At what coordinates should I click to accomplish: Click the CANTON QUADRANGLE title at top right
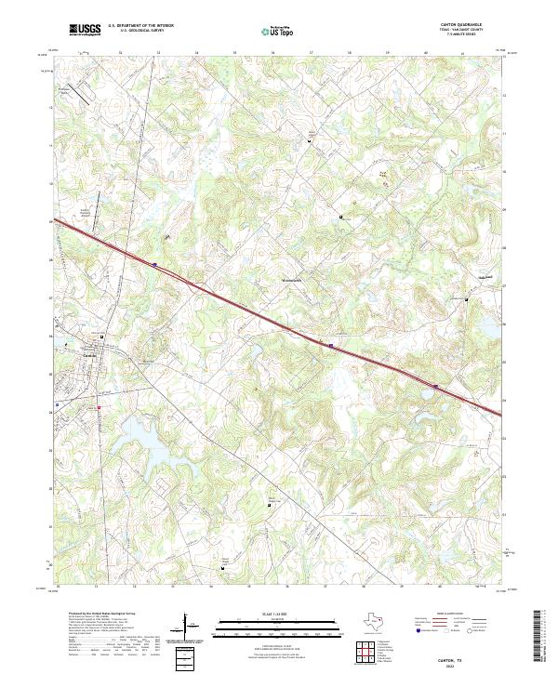click(465, 26)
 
